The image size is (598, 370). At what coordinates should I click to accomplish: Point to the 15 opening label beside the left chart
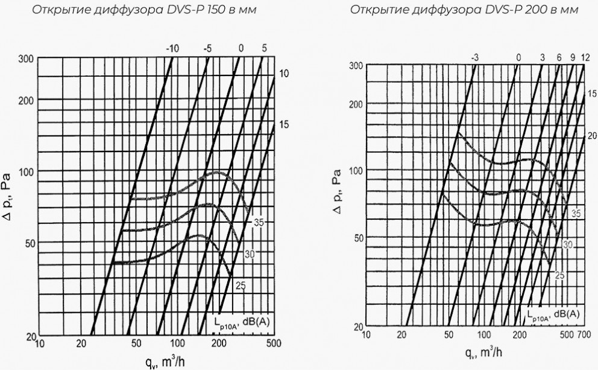tap(285, 124)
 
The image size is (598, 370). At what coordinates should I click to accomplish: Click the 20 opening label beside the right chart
tap(592, 135)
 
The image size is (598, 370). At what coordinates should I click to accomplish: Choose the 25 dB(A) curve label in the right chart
tap(559, 275)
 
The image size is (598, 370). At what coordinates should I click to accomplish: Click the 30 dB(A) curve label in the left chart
tap(250, 254)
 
